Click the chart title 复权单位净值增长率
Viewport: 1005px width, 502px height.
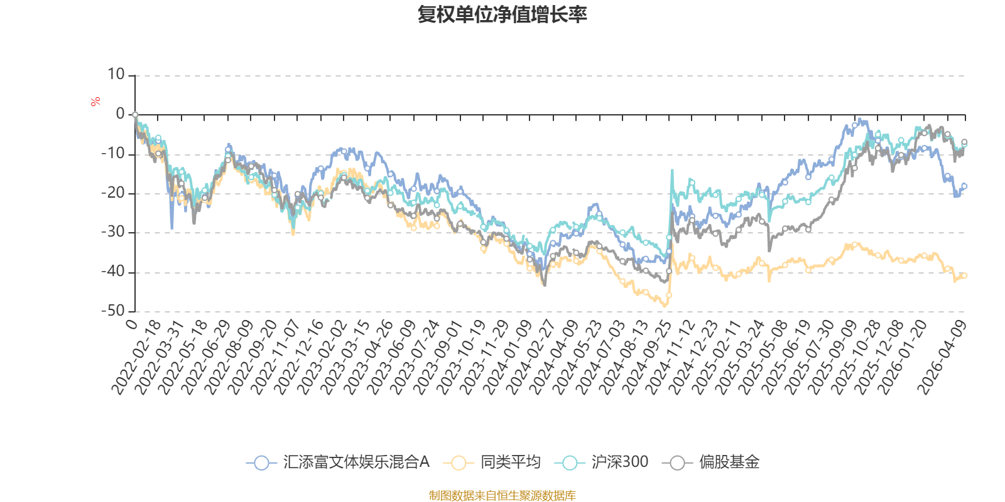[502, 14]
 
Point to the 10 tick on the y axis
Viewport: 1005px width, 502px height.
[116, 75]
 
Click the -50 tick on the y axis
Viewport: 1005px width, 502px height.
[114, 311]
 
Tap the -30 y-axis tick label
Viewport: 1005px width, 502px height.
[114, 232]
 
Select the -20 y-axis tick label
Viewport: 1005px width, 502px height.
[114, 193]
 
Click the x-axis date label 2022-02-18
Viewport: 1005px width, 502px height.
[136, 358]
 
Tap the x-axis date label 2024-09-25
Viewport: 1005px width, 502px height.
[647, 358]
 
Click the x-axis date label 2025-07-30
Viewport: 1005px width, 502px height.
[810, 358]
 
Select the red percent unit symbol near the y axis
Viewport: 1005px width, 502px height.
[95, 102]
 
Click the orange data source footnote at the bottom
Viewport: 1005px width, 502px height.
[502, 496]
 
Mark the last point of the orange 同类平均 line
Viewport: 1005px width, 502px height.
[965, 275]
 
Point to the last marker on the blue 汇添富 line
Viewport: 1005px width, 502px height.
[965, 186]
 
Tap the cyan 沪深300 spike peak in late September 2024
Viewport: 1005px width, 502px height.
[672, 169]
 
